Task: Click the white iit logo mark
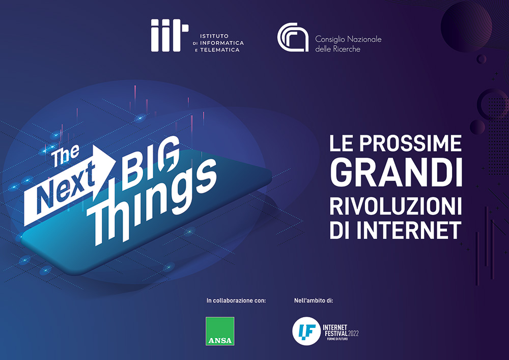point(169,35)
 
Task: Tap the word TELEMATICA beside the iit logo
point(220,50)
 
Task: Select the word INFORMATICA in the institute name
point(222,43)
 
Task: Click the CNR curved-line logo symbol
point(293,37)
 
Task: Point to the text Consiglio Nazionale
point(348,40)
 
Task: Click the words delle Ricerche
point(337,49)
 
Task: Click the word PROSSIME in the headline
point(410,143)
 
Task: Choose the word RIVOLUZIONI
point(395,206)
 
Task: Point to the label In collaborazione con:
point(236,300)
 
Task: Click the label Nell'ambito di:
point(314,300)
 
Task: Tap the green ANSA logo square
point(220,331)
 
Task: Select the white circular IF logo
point(306,331)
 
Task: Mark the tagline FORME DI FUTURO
point(337,339)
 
